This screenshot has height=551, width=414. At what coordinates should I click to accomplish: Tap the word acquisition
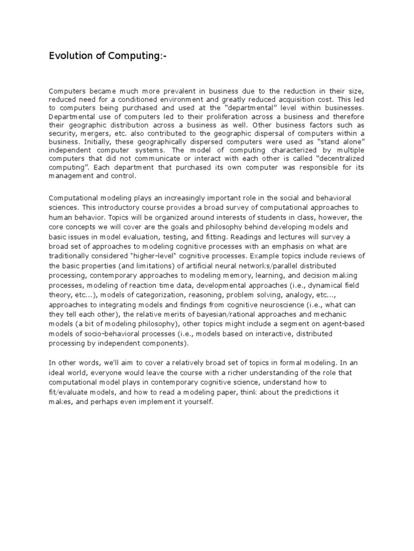click(x=291, y=100)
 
